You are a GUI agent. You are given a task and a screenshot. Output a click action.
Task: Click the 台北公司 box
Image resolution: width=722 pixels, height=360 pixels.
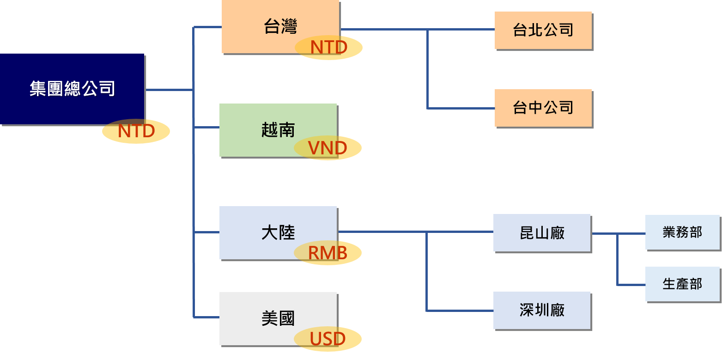point(543,31)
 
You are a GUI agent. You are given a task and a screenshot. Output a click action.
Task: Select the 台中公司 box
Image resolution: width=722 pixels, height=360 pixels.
point(543,108)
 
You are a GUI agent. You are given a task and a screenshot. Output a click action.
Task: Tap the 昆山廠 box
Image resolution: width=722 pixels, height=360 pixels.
point(542,233)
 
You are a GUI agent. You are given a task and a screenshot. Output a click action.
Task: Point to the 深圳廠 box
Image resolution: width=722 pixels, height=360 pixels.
point(542,310)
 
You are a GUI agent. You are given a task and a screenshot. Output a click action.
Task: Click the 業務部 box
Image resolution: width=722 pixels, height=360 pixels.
point(682,232)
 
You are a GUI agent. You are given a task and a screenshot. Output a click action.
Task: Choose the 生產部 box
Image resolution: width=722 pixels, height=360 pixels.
point(682,284)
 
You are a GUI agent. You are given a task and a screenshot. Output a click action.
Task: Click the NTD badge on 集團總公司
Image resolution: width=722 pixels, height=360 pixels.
point(136,131)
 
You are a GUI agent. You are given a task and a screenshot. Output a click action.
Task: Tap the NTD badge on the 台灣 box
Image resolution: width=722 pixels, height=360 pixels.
point(328,48)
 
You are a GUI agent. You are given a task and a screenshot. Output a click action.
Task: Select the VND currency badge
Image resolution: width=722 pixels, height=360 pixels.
point(328,148)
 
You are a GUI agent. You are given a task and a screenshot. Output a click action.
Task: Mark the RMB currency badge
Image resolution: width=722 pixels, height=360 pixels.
point(328,253)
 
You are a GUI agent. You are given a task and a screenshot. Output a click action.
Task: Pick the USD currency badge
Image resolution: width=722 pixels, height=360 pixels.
point(328,339)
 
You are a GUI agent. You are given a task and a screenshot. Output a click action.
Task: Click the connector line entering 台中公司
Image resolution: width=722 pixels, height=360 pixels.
point(462,109)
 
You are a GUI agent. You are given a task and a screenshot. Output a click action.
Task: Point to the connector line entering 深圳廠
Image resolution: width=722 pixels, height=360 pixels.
point(462,311)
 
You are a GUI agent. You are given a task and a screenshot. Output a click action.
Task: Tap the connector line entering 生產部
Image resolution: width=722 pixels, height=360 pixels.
point(631,285)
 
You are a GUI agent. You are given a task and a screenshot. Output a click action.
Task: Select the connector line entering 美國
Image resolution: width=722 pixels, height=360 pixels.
point(206,317)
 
